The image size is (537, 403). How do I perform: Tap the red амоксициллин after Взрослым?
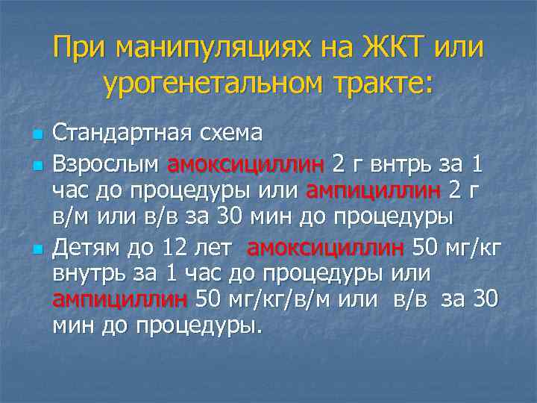click(245, 162)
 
